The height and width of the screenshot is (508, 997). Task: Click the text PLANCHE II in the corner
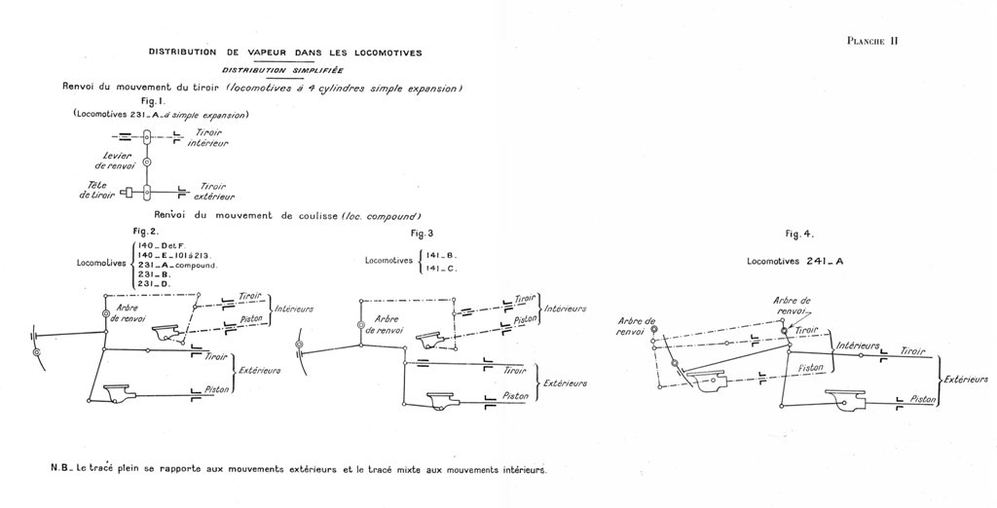(x=871, y=40)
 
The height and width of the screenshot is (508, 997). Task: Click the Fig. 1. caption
(x=155, y=101)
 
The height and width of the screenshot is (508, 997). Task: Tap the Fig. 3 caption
(x=422, y=234)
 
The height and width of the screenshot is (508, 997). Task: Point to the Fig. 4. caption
(x=798, y=235)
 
